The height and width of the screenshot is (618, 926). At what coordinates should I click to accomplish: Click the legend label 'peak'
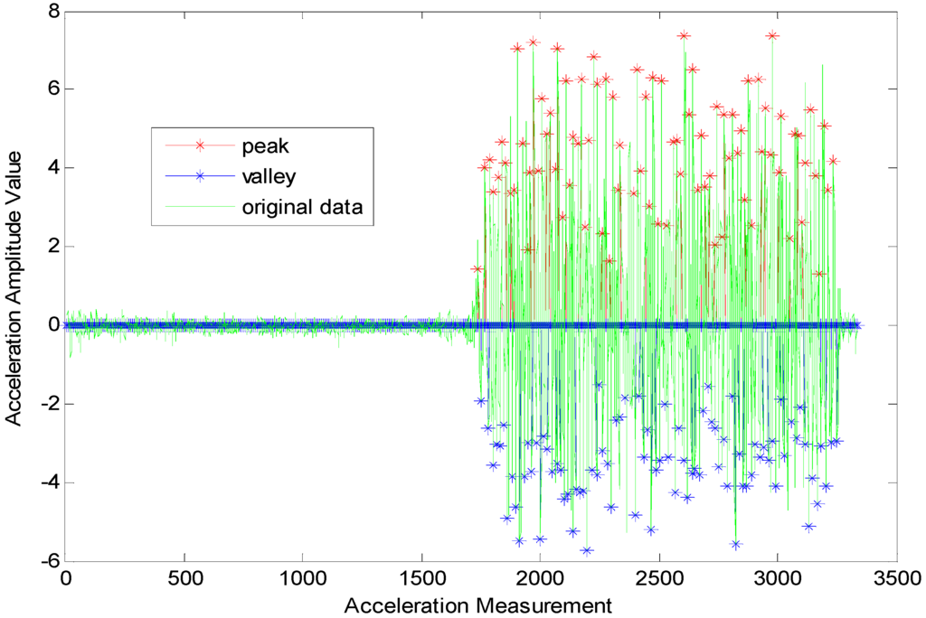261,145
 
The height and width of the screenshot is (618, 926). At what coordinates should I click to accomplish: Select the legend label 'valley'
266,176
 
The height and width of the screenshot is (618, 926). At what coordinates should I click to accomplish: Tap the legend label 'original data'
302,207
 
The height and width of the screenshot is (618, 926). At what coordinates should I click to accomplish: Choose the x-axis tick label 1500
420,577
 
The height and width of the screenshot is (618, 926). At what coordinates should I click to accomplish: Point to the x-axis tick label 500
184,577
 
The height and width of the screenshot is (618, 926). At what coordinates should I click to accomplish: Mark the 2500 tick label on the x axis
657,577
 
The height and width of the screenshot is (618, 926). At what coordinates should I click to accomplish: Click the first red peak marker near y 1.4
477,268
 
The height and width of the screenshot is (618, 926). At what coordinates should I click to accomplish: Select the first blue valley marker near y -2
481,400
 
